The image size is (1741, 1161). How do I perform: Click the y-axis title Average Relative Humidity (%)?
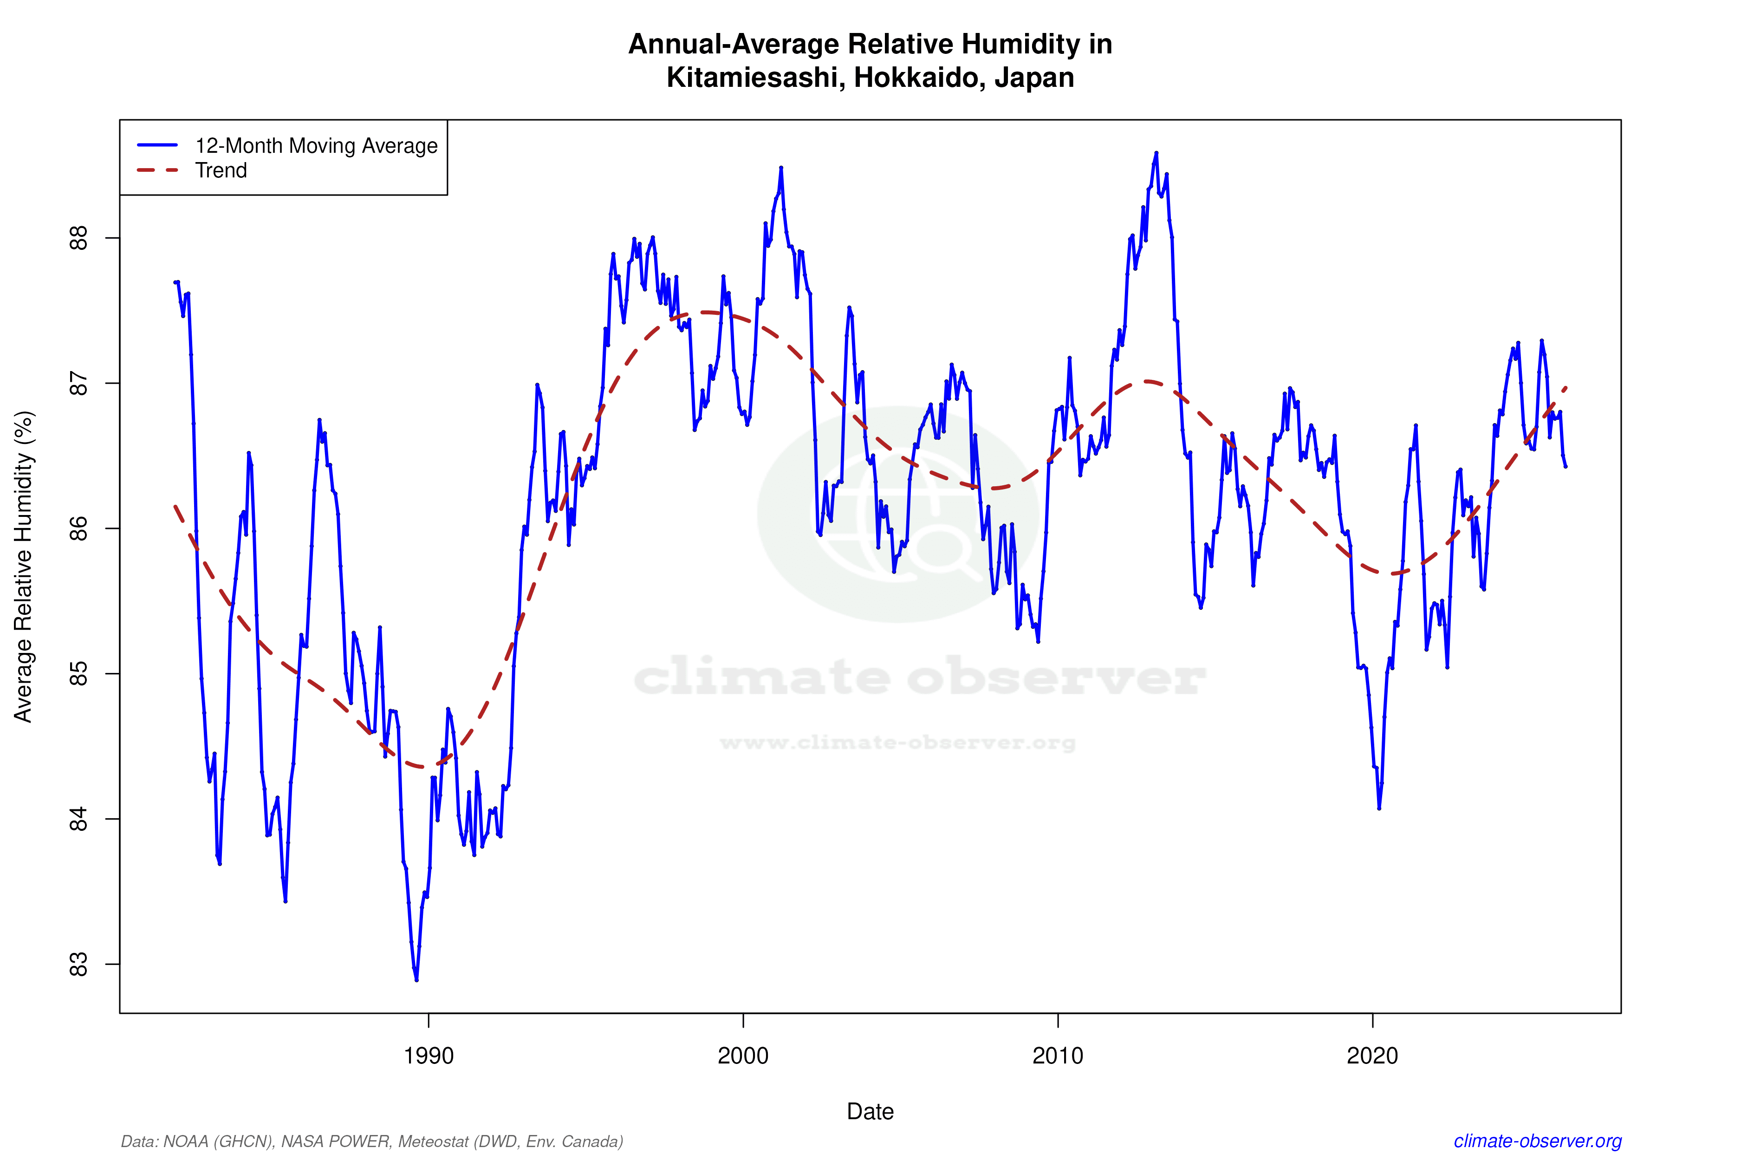[24, 567]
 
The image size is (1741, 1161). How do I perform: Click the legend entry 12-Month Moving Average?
[316, 146]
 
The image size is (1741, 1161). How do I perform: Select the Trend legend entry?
[221, 170]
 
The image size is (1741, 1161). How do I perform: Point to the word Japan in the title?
[1033, 78]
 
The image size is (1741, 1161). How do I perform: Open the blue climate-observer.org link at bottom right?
[1538, 1141]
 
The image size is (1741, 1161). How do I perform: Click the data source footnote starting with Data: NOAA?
[371, 1141]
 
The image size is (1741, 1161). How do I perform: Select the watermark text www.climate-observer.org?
[897, 743]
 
